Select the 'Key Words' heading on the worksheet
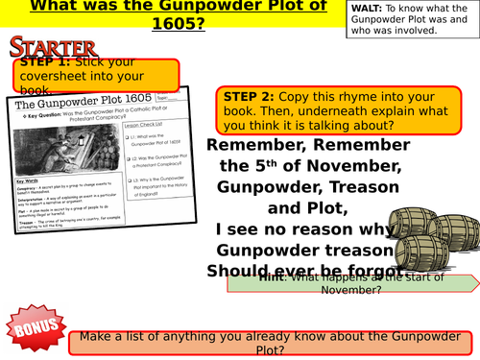click(33, 180)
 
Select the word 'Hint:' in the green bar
click(270, 281)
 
